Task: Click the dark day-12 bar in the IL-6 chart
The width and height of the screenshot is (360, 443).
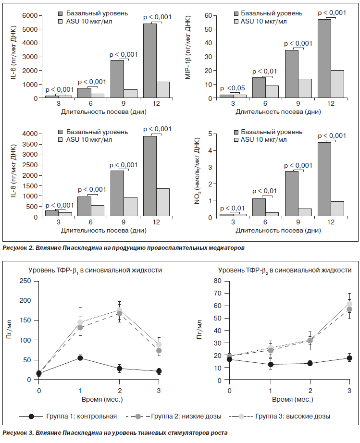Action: (150, 61)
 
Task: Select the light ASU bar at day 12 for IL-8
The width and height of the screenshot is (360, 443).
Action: (163, 203)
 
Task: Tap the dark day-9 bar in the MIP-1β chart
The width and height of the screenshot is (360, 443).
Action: (292, 74)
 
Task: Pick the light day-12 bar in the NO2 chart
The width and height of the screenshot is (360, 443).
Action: (337, 209)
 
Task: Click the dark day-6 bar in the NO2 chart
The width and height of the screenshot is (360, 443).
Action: (259, 208)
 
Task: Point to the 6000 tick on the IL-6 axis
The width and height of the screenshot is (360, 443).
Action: (30, 15)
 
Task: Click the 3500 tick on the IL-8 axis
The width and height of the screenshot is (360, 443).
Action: (30, 144)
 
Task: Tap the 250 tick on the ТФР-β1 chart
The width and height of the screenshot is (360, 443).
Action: (25, 281)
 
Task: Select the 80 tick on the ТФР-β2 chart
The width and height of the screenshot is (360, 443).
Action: (218, 281)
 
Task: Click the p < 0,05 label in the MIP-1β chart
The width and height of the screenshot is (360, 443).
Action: (233, 88)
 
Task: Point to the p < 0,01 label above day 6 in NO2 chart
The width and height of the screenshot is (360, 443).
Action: (265, 191)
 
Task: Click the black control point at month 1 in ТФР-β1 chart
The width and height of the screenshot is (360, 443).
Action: (80, 358)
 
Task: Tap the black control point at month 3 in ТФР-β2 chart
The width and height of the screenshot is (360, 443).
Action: (349, 358)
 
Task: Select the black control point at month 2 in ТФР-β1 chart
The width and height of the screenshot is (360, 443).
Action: (120, 369)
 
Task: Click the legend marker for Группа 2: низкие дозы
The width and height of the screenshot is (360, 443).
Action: (138, 416)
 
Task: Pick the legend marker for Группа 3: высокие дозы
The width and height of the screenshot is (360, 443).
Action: (241, 416)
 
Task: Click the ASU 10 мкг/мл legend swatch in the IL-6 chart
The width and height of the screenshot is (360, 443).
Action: (60, 21)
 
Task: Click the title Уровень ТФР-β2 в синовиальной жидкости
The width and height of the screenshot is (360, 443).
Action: (285, 271)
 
